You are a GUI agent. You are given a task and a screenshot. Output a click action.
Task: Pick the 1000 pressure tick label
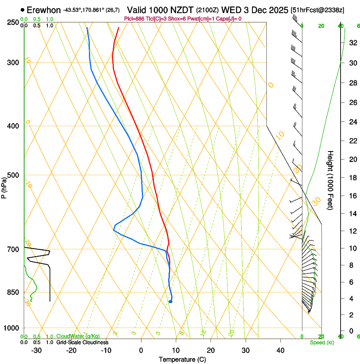tap(12, 328)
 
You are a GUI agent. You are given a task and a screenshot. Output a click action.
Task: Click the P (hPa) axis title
tap(4, 185)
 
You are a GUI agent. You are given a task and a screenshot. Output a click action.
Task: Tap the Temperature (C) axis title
tap(182, 359)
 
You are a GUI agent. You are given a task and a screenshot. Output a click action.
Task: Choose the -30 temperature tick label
tap(36, 350)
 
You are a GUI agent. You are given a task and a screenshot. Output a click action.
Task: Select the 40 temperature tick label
tap(280, 350)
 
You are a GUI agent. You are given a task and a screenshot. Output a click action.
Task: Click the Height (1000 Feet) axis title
tap(331, 180)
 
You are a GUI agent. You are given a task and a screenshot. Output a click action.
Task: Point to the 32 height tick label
tap(352, 43)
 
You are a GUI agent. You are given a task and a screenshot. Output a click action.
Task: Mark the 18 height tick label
tap(352, 178)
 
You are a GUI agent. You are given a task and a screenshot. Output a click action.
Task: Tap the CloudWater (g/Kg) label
tap(78, 336)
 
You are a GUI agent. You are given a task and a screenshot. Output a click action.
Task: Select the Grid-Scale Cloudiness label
tap(82, 342)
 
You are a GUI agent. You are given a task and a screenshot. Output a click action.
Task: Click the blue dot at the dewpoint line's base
tap(170, 301)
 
